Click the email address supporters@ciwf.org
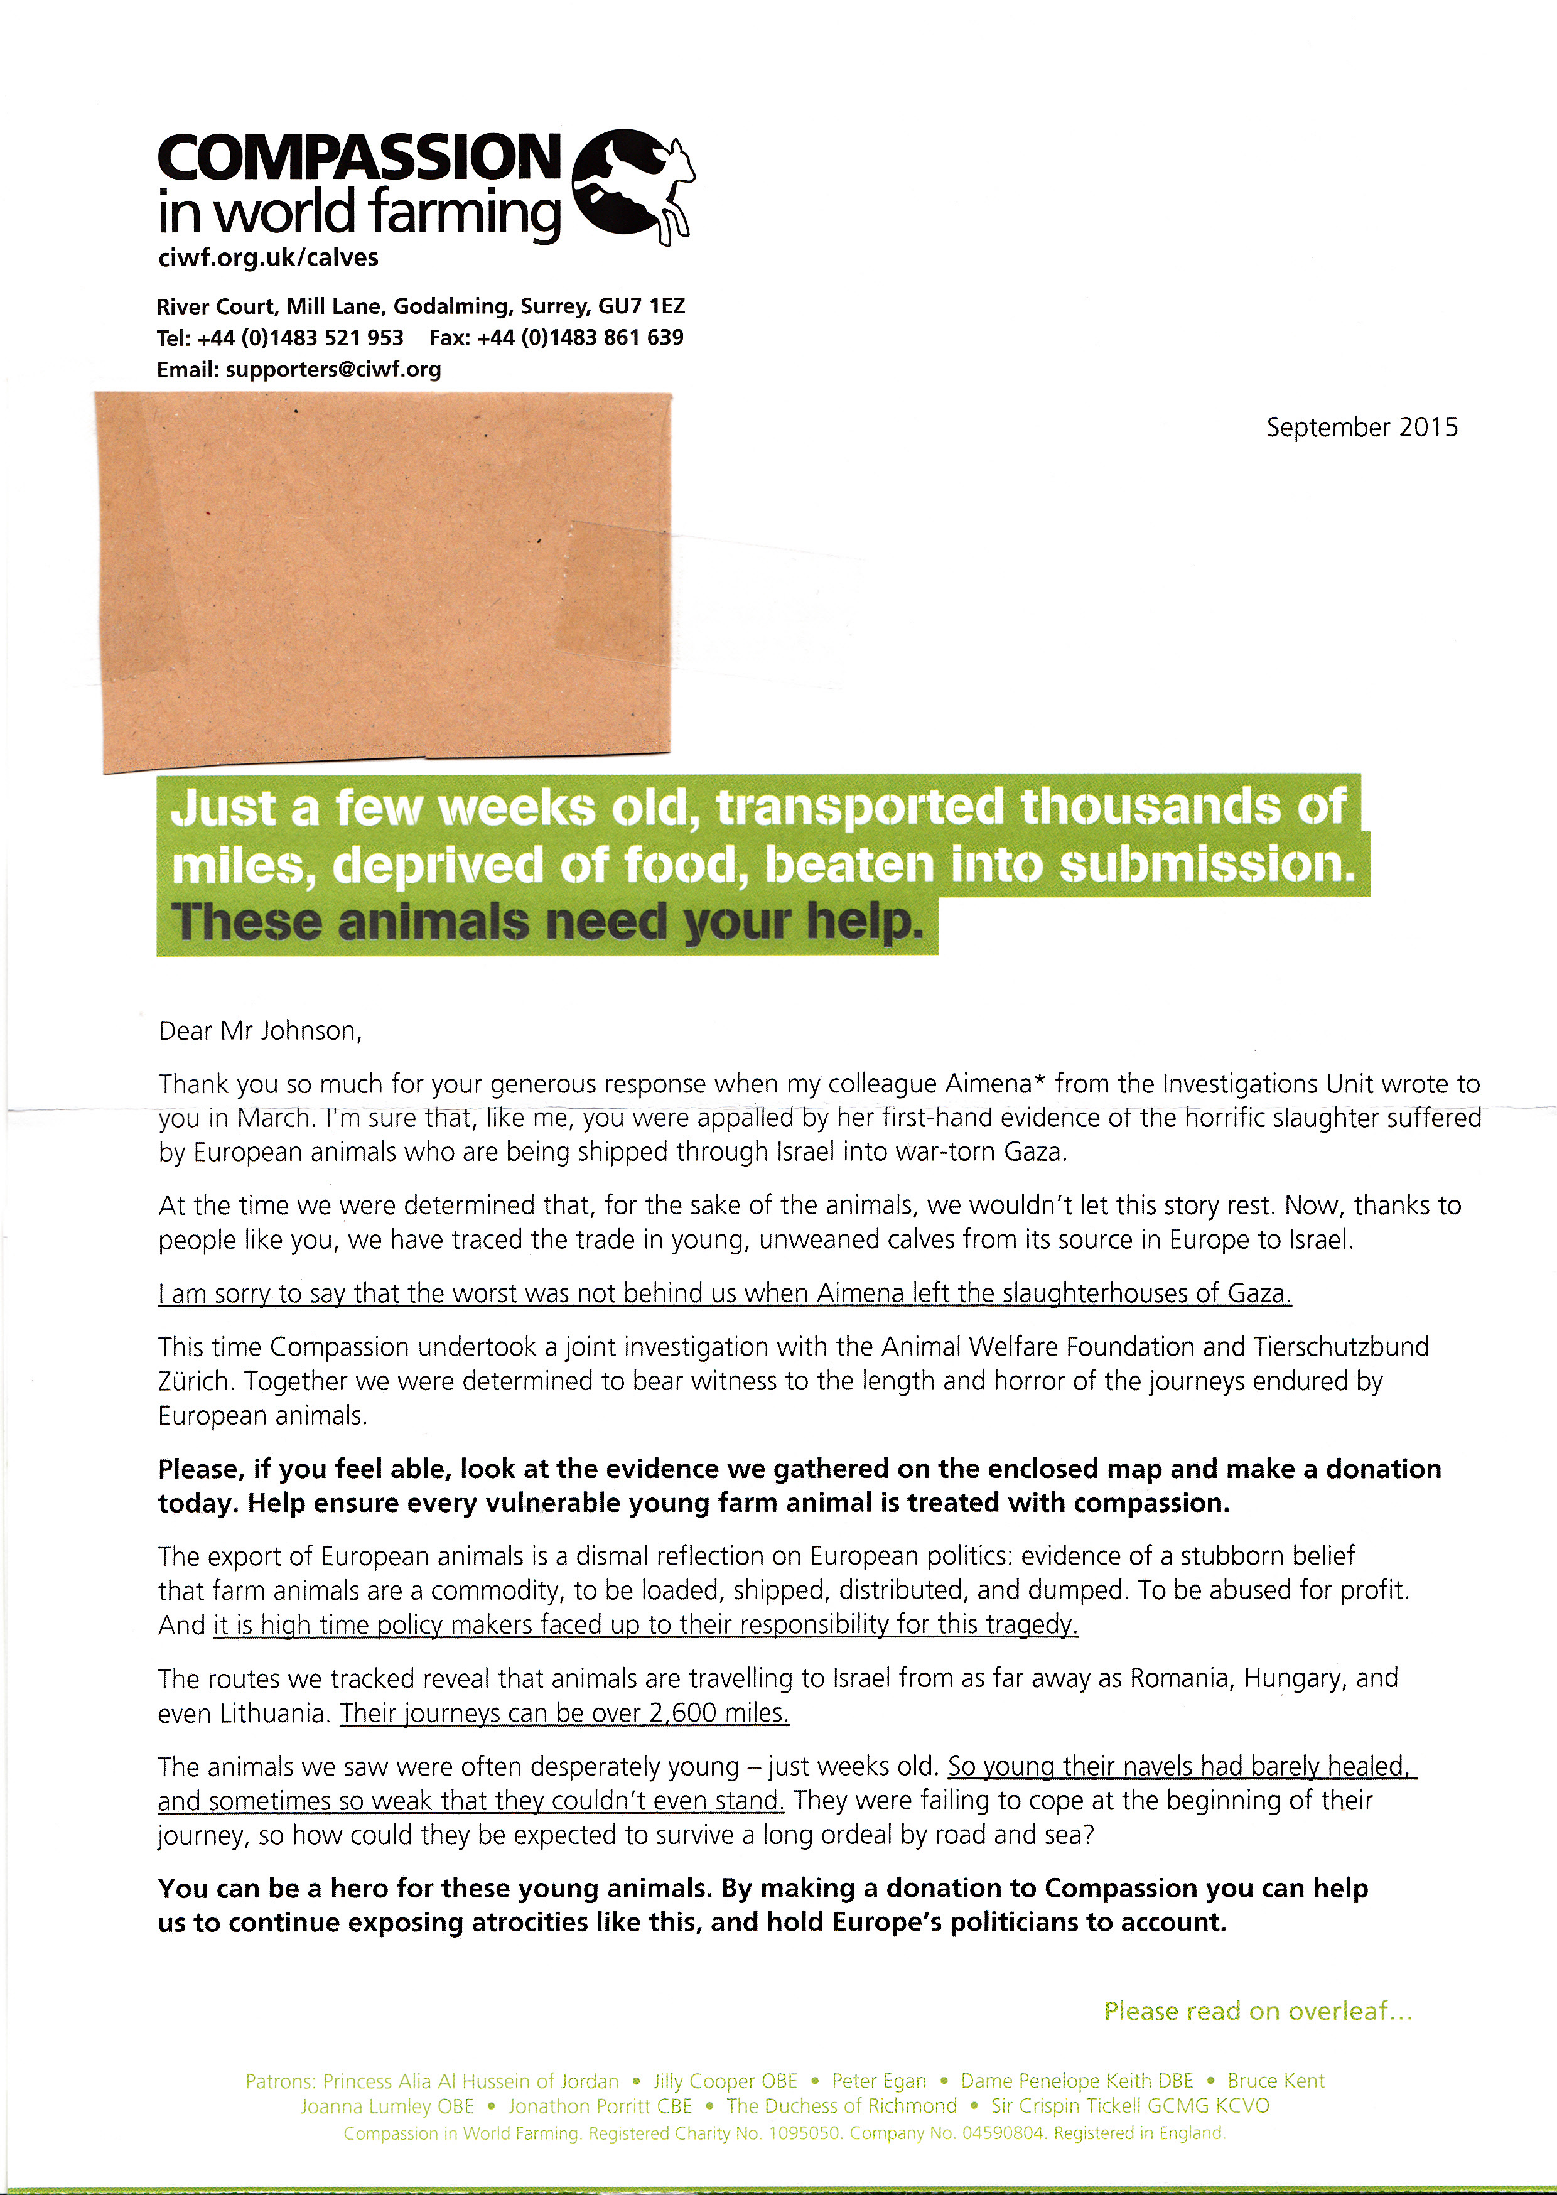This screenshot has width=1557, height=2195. [x=333, y=370]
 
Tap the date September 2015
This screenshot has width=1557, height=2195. [x=1361, y=428]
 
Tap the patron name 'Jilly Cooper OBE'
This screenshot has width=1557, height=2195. [x=725, y=2081]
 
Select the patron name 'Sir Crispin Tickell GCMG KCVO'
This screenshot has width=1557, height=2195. [x=1129, y=2106]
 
